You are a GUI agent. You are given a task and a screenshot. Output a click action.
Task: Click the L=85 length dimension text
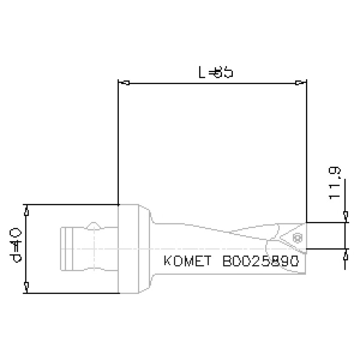pos(214,73)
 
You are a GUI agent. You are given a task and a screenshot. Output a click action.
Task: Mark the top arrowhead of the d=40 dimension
pos(26,212)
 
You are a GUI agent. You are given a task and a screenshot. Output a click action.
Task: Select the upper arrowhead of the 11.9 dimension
pos(345,216)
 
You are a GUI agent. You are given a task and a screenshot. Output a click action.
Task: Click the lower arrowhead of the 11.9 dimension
pos(345,255)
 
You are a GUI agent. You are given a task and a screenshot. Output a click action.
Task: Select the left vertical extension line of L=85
pos(118,141)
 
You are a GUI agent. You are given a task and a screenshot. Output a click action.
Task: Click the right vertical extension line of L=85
pos(306,150)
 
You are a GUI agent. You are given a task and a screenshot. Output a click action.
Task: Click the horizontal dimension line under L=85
pos(211,84)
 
